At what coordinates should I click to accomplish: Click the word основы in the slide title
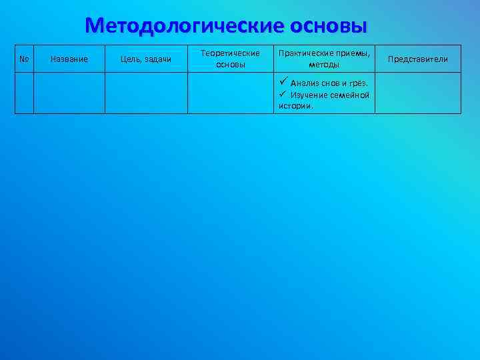coord(329,26)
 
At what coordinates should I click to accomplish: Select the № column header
coord(24,59)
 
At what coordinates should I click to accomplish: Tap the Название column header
coord(69,59)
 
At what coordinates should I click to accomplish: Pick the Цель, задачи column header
coord(145,59)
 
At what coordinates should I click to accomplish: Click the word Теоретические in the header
coord(230,53)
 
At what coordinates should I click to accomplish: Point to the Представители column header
coord(418,59)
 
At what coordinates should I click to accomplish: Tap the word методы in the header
coord(324,65)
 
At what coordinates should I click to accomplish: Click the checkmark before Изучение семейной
coord(283,95)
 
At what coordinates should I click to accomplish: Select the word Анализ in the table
coord(304,83)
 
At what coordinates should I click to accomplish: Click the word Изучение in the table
coord(309,95)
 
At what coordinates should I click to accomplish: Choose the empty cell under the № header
coord(24,93)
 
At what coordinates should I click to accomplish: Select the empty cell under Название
coord(69,93)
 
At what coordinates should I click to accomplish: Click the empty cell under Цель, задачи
coord(145,93)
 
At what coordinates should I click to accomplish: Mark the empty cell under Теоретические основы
coord(230,93)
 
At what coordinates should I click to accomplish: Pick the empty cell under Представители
coord(418,93)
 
